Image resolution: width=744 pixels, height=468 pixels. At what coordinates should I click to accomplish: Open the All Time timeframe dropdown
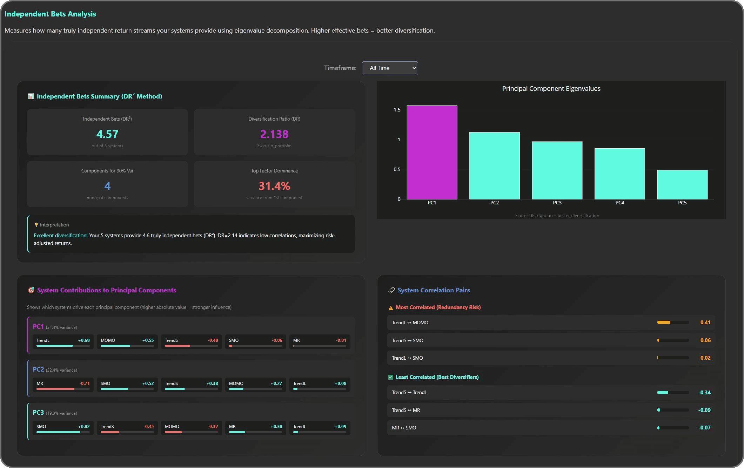390,68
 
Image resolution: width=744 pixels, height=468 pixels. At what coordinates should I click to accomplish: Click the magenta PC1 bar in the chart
432,152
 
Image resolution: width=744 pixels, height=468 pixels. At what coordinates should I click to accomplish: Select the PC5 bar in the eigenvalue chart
682,184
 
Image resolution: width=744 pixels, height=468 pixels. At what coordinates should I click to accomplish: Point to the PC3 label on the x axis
557,203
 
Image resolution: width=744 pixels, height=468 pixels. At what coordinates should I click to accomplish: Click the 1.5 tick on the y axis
397,110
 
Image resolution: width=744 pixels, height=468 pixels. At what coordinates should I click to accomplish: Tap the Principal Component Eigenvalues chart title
551,89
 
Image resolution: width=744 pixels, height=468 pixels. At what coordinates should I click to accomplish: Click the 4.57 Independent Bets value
107,134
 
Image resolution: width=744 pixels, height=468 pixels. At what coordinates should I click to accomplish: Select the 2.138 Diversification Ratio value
274,134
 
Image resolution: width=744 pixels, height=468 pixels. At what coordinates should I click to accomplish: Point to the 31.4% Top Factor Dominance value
274,186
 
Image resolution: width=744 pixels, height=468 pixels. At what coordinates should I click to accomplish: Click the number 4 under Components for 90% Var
107,186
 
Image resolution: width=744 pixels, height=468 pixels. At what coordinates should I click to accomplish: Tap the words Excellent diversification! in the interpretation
61,236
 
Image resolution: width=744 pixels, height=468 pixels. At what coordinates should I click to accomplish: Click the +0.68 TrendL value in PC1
84,340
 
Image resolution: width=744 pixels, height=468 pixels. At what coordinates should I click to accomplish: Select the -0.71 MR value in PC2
85,384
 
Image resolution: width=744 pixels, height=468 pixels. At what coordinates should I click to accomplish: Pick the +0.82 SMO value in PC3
84,427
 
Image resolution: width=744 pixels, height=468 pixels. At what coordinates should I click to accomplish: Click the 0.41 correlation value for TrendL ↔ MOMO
705,323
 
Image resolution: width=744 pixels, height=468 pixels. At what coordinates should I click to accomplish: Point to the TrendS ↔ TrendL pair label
409,392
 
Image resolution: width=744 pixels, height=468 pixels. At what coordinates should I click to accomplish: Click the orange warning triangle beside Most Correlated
391,308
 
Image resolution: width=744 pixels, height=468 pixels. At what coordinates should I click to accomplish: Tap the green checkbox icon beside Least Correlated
391,377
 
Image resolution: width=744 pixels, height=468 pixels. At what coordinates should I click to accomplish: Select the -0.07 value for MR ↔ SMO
704,428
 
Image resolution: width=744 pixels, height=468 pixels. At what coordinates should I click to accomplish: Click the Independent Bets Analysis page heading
50,14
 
